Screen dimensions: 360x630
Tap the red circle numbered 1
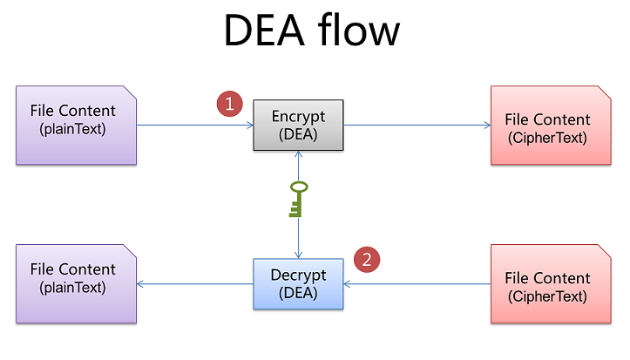pyautogui.click(x=228, y=104)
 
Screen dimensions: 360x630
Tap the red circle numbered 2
pyautogui.click(x=368, y=258)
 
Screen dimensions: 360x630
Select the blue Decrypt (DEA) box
pyautogui.click(x=298, y=284)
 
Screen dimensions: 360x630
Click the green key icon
pyautogui.click(x=298, y=199)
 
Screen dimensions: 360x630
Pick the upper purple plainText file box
pyautogui.click(x=77, y=125)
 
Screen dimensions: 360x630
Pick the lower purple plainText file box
pyautogui.click(x=77, y=284)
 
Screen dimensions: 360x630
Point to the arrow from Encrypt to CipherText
pyautogui.click(x=417, y=126)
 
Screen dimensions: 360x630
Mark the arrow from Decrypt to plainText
pyautogui.click(x=195, y=284)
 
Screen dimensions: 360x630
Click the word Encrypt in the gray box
pyautogui.click(x=298, y=117)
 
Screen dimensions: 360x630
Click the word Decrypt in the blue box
pyautogui.click(x=298, y=275)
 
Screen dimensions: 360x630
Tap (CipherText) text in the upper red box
pyautogui.click(x=546, y=138)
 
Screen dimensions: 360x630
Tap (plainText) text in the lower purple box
pyautogui.click(x=72, y=288)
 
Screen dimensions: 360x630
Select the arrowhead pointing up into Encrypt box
pyautogui.click(x=298, y=154)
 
